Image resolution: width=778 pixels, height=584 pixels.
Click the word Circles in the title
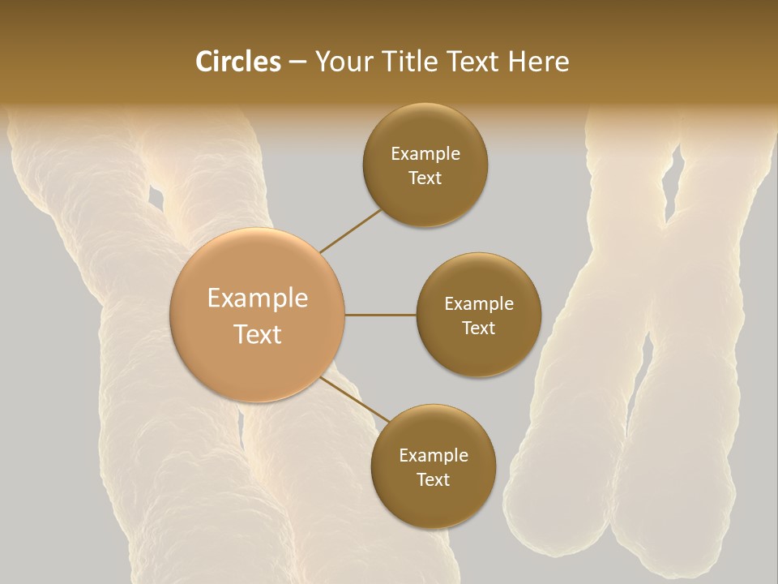(x=238, y=62)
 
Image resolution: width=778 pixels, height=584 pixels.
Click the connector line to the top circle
(x=350, y=231)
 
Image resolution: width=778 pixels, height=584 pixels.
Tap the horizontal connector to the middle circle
(x=381, y=315)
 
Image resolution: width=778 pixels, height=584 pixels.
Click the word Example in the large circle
(x=258, y=298)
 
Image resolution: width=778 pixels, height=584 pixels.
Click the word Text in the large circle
(x=258, y=334)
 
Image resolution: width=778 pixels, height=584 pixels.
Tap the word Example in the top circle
(x=425, y=154)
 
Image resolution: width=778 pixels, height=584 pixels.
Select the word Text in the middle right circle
(x=478, y=328)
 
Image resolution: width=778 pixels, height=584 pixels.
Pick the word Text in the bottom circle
(x=433, y=480)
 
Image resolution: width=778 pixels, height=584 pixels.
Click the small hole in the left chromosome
(x=155, y=196)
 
